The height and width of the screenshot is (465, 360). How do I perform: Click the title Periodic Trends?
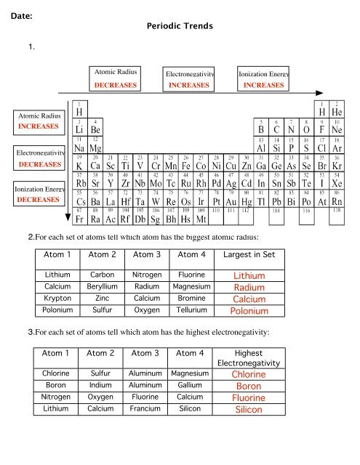180,25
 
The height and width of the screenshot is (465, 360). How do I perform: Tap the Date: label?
23,11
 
